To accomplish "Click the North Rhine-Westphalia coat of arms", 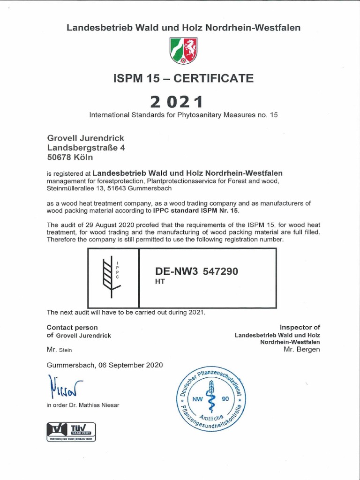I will point(183,51).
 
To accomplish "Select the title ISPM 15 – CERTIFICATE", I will point(183,78).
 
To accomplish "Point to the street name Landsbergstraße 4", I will point(86,147).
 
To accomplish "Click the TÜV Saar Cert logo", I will point(71,431).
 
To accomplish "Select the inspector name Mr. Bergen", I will point(302,349).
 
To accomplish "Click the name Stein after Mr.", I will point(66,350).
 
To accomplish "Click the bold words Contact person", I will point(72,327).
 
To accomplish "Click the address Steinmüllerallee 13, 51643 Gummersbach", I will point(109,188).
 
